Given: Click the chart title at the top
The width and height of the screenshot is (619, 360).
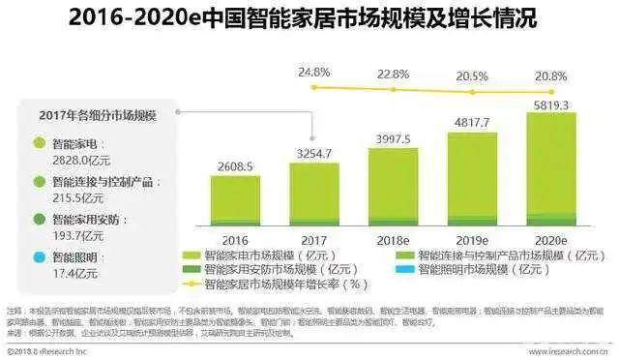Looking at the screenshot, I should pos(309,19).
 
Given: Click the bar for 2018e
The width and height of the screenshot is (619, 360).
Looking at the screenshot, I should pos(394,187).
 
